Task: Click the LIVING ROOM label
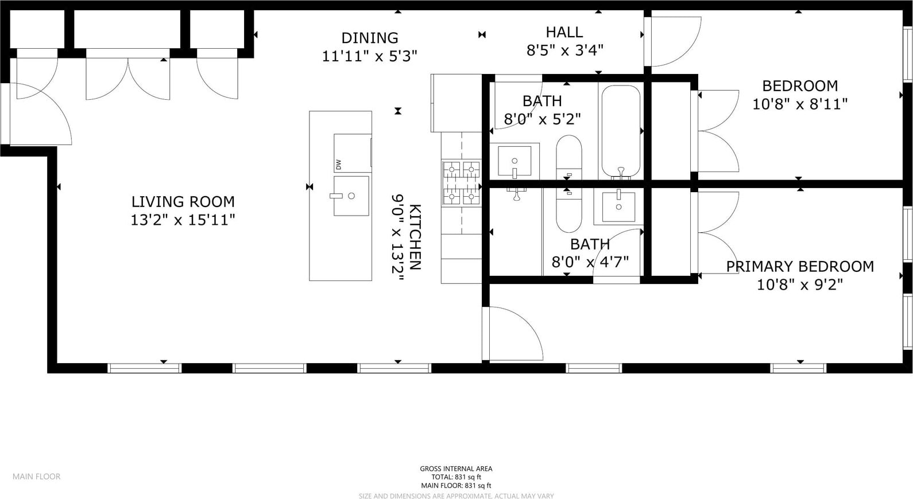click(183, 201)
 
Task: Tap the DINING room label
click(370, 38)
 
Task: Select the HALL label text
click(564, 32)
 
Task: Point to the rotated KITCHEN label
click(415, 237)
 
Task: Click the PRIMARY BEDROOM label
click(800, 266)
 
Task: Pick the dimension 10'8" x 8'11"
click(800, 104)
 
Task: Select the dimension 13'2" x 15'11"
click(183, 220)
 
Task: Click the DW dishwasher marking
click(338, 165)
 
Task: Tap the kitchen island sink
click(351, 196)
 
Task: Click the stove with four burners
click(462, 183)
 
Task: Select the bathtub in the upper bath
click(621, 131)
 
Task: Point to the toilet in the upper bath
click(569, 157)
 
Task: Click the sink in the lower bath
click(619, 207)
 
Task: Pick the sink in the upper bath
click(514, 161)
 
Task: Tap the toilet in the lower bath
click(569, 210)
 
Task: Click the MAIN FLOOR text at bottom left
click(36, 476)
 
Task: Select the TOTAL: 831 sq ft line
click(456, 477)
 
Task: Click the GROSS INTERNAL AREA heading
click(456, 469)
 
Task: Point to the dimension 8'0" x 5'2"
click(542, 119)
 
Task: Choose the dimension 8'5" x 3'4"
click(565, 50)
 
